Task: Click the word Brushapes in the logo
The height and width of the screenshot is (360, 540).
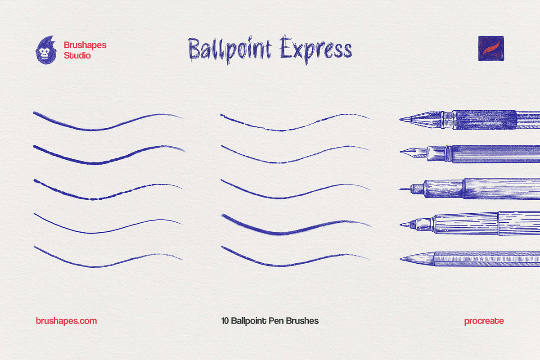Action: tap(85, 45)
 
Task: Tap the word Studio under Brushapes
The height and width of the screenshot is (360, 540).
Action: tap(77, 56)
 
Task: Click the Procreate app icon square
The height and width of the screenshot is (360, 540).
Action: tap(491, 49)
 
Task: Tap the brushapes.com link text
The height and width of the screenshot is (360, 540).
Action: tap(66, 321)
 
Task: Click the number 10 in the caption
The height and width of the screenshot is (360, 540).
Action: tap(225, 321)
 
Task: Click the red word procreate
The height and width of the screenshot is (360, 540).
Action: tap(484, 321)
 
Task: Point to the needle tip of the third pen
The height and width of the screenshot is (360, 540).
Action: tap(401, 189)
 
